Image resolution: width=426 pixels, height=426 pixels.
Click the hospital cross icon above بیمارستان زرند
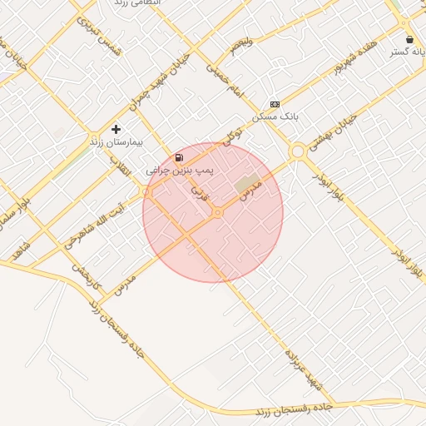coord(116,130)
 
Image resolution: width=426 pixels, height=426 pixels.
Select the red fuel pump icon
coord(179,157)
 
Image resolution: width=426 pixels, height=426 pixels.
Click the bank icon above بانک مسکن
coord(275,104)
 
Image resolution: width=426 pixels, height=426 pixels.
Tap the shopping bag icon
coord(409,39)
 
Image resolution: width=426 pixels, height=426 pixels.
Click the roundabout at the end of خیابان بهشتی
coord(297,151)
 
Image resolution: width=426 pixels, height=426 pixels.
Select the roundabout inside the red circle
coord(217,213)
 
